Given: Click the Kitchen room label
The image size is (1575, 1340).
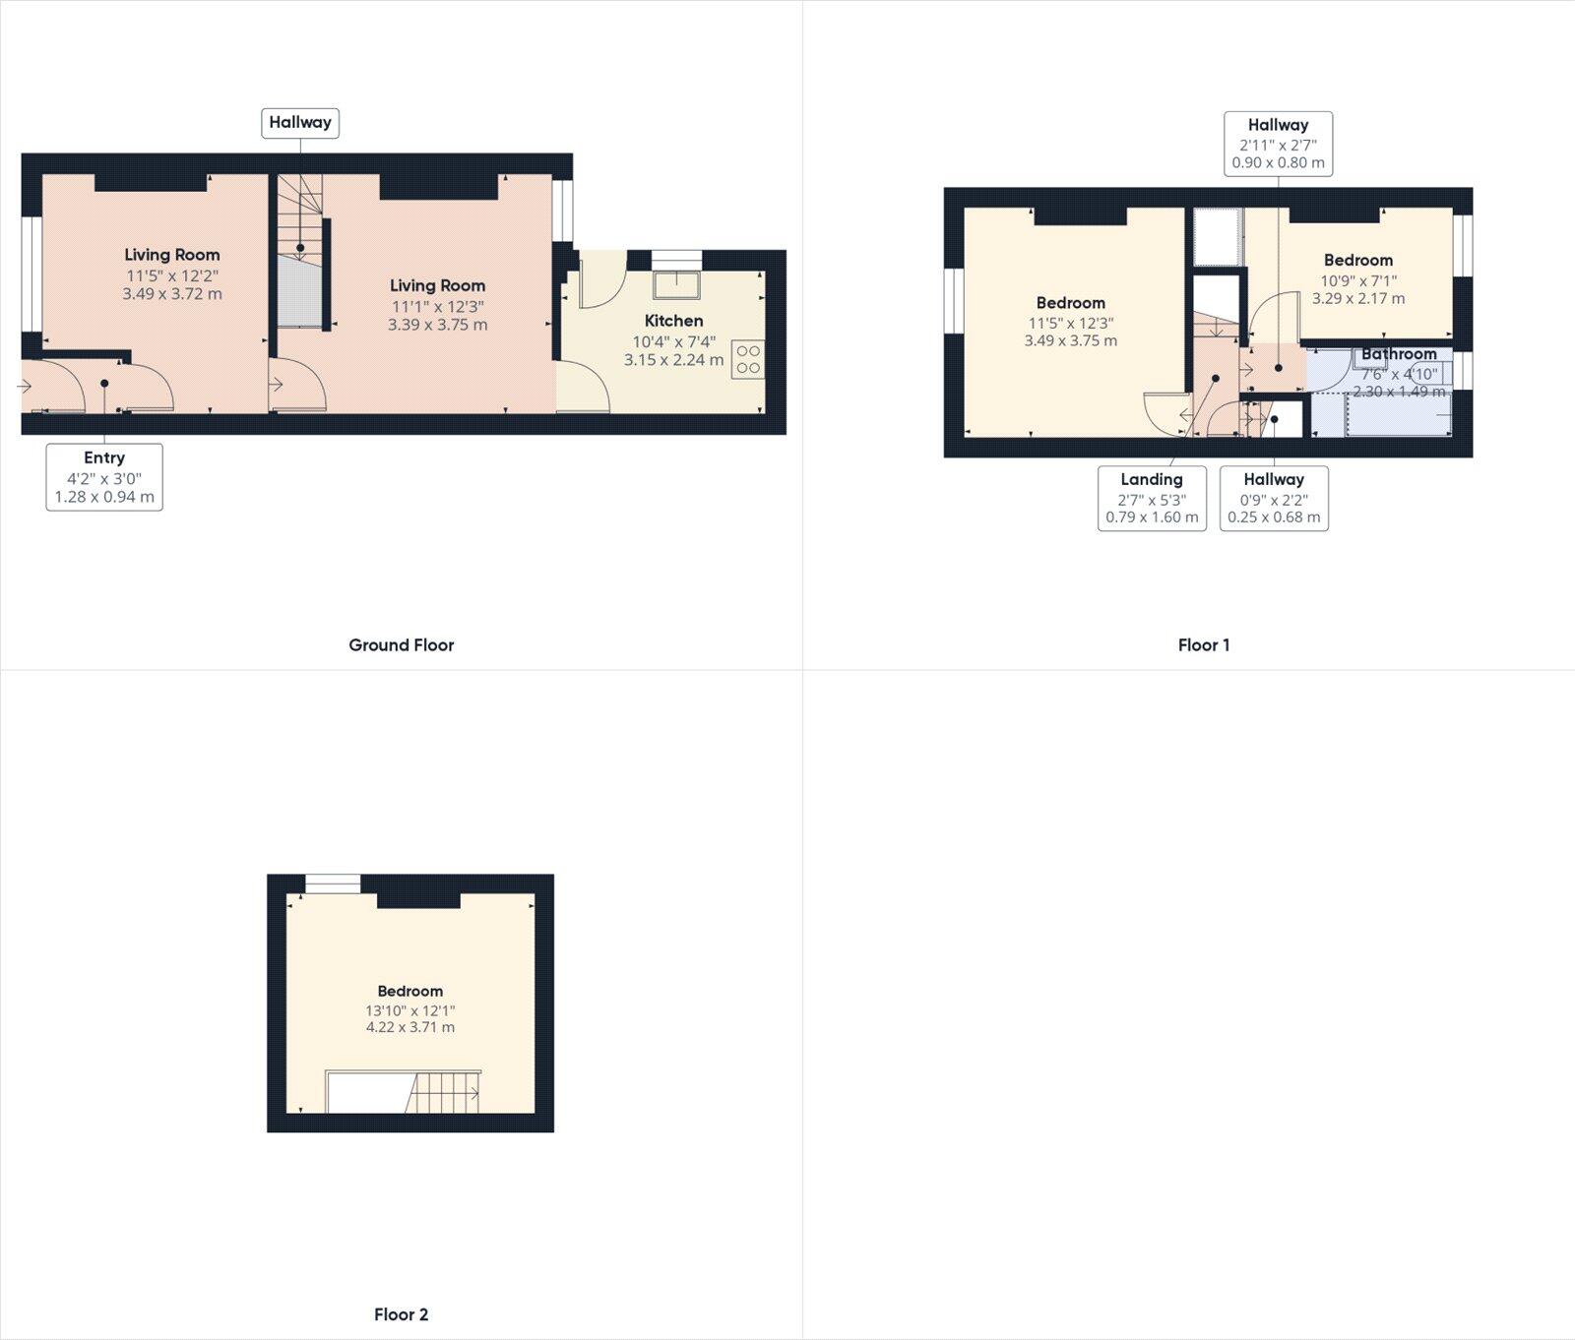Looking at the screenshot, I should point(673,321).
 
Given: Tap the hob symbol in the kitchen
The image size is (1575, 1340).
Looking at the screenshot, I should point(748,359).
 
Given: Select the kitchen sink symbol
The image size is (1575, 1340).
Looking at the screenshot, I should point(676,284).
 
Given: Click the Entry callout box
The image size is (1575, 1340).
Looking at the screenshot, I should point(104,477).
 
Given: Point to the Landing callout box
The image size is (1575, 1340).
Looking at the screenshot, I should point(1152,498).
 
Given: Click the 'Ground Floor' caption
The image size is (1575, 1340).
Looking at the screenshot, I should point(401,645).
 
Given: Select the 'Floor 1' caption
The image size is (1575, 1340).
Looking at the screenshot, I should point(1203,645).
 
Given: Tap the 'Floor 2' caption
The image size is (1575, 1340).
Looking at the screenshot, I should point(401,1314).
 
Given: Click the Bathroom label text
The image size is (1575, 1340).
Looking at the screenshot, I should point(1399,354).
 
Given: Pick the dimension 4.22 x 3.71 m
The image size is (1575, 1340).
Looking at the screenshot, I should point(410,1027).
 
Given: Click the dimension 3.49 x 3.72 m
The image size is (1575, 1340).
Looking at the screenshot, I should point(172,293).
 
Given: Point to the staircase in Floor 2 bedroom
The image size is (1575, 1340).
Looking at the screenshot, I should point(444,1093).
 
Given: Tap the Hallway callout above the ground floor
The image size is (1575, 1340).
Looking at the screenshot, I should point(300,123).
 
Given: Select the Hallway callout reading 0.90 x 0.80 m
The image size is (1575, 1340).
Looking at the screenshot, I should point(1278,144).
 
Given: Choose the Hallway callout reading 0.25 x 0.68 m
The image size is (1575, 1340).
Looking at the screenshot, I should point(1274,498).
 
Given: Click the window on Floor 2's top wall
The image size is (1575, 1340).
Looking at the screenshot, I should point(333,884).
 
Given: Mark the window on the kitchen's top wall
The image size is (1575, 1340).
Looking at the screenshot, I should point(676,259).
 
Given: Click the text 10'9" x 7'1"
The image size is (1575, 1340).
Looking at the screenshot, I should point(1358,280).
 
